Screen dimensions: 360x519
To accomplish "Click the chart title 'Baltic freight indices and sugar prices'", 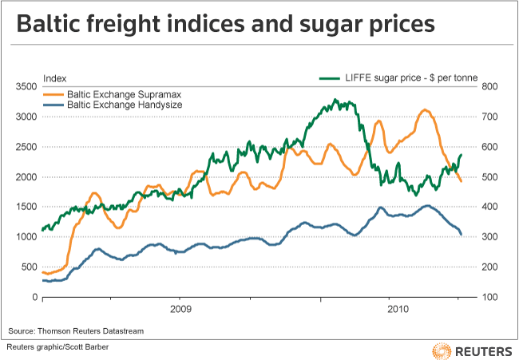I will pos(226,26).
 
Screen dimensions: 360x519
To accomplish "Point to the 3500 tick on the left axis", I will pos(27,86).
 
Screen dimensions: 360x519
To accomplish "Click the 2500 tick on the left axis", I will pos(27,147).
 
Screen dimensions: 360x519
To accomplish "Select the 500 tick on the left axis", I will pos(30,267).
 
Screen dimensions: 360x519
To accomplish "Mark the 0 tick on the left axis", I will pos(35,298).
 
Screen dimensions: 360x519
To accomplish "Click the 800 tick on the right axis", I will pos(488,86).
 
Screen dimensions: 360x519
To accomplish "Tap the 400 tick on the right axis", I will pos(488,207).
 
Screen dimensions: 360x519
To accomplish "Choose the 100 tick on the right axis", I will pos(488,298).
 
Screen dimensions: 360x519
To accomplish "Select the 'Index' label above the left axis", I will pos(53,77).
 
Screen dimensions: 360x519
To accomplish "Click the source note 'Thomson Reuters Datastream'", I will pos(73,330).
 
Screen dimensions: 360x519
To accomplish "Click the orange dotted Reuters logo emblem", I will pos(441,350).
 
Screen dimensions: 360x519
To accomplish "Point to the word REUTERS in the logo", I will pos(482,350).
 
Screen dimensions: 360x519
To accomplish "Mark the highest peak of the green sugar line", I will pos(336,101).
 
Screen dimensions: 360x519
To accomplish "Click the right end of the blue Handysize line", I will pos(462,234).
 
